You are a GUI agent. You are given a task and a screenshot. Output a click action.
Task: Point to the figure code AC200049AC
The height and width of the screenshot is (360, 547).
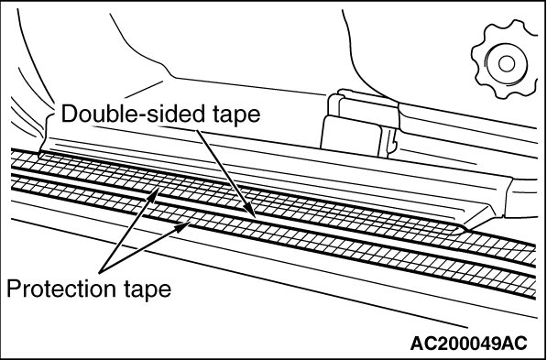469,344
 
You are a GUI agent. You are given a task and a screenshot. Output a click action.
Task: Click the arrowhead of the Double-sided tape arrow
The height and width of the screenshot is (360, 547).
249,211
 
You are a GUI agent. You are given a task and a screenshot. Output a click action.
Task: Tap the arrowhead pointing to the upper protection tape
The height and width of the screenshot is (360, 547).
154,194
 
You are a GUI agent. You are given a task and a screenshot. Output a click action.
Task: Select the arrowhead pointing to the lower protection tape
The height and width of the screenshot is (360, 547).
183,227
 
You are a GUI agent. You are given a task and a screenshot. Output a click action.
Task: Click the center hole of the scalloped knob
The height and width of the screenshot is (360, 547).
507,64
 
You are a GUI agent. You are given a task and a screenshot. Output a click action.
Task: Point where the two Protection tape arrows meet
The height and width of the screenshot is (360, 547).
101,272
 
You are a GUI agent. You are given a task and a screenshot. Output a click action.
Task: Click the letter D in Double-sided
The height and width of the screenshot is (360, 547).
69,114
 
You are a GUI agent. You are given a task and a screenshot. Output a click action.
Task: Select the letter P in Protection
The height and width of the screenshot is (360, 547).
13,289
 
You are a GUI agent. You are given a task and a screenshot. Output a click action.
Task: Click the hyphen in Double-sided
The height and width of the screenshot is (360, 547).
135,116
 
